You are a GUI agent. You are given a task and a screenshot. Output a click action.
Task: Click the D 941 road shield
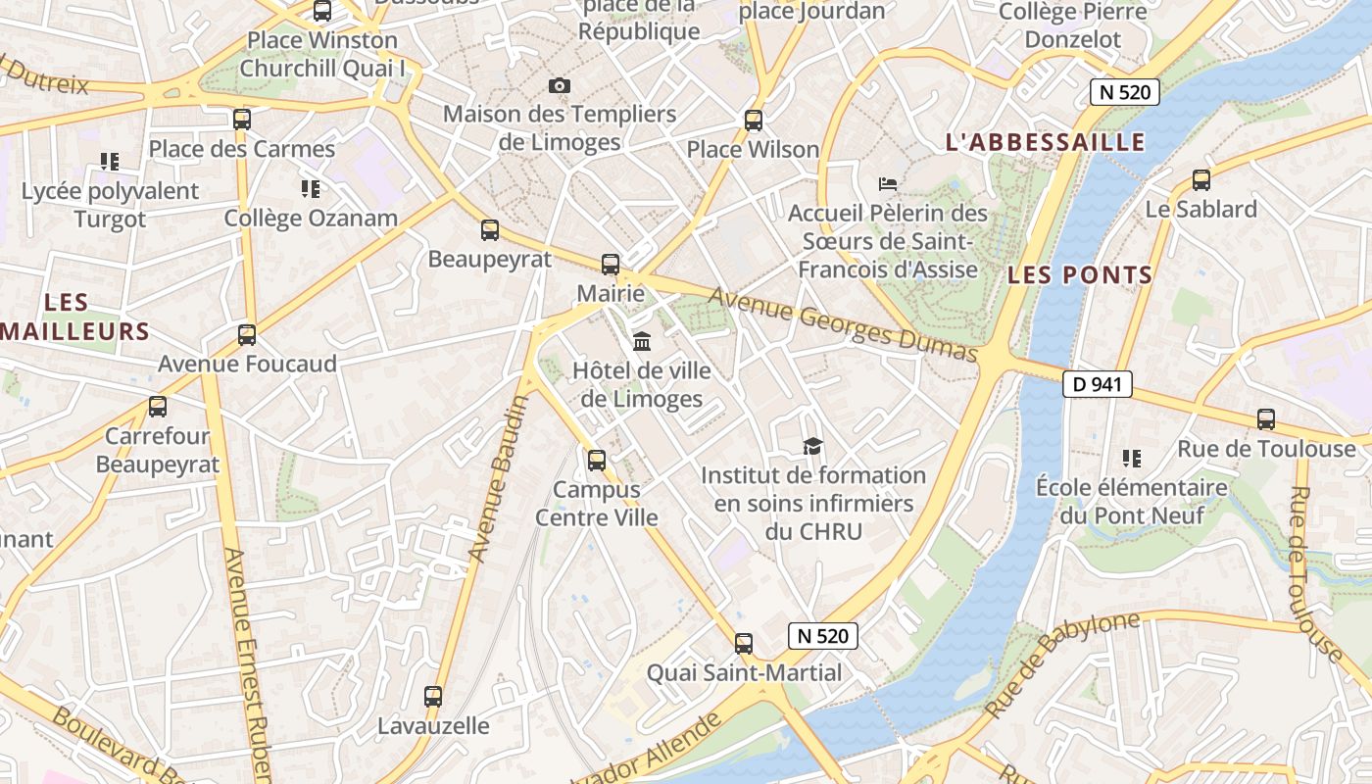[x=1098, y=384]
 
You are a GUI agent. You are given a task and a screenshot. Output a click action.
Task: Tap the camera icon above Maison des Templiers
[x=560, y=85]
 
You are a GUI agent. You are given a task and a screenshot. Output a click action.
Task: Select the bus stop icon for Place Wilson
[x=754, y=121]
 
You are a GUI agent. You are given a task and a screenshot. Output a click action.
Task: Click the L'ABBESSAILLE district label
[x=1045, y=142]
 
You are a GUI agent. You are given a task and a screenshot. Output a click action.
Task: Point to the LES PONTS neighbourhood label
[x=1080, y=275]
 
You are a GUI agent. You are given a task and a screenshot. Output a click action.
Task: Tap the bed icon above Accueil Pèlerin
[x=888, y=183]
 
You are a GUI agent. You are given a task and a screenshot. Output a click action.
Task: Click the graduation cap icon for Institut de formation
[x=812, y=447]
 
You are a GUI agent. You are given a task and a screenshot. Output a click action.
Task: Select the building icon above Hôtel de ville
[x=642, y=341]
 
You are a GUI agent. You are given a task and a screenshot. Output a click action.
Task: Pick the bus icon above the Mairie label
[x=611, y=265]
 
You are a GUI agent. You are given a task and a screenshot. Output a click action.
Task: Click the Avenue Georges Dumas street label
[x=843, y=324]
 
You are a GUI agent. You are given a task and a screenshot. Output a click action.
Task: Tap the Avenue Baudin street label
[x=498, y=479]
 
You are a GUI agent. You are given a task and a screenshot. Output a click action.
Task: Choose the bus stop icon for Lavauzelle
[x=433, y=697]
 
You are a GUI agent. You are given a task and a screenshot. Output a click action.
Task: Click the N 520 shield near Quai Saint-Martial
[x=823, y=636]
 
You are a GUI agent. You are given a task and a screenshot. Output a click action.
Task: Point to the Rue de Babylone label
[x=1062, y=663]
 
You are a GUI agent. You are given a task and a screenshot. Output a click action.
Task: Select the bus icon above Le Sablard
[x=1201, y=180]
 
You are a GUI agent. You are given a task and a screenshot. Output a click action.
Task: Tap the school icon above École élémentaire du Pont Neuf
[x=1132, y=458]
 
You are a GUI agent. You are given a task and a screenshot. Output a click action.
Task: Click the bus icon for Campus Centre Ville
[x=597, y=461]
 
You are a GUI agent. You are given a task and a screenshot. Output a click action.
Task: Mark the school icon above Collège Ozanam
[x=311, y=188]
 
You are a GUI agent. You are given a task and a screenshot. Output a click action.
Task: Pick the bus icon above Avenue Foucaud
[x=247, y=335]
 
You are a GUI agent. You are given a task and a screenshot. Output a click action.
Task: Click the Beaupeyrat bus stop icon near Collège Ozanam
[x=490, y=231]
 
